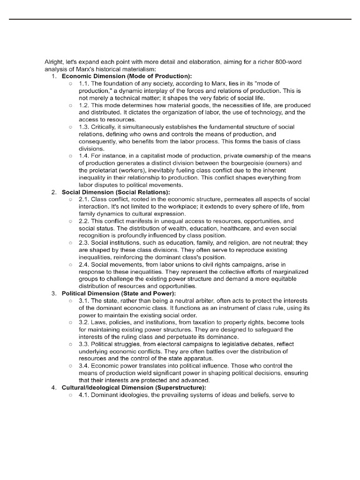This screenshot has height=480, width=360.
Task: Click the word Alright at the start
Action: tap(52, 62)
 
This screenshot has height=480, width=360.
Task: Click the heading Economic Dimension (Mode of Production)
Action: tap(127, 76)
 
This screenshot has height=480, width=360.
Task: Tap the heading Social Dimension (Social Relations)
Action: tap(116, 192)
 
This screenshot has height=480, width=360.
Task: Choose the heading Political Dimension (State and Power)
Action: tap(119, 293)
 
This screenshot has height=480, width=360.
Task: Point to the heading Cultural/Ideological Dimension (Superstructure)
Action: tap(134, 388)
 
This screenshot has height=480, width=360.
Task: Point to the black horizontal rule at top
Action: tap(180, 19)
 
